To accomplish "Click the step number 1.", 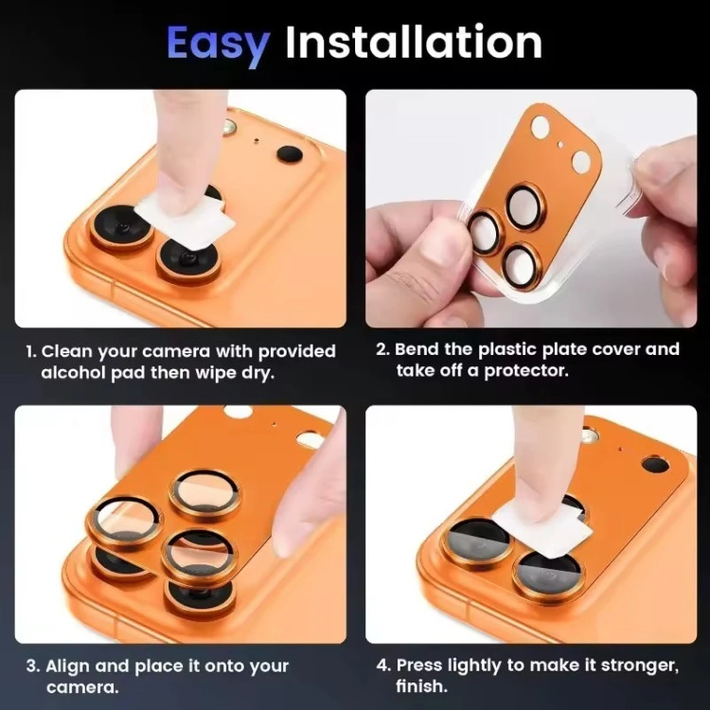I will tap(30, 351).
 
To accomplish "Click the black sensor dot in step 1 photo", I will tap(289, 154).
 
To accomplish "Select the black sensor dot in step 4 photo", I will tap(655, 464).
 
